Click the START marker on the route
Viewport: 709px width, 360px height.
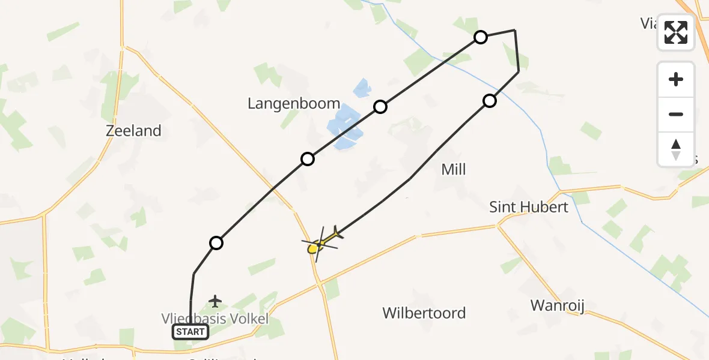click(190, 332)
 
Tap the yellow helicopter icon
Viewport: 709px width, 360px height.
click(321, 243)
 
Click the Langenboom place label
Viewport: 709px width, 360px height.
click(294, 104)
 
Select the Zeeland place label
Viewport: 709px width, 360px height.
click(133, 131)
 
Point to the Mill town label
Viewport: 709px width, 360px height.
click(454, 170)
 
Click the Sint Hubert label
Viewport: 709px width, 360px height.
click(529, 208)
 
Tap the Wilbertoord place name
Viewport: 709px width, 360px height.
click(424, 313)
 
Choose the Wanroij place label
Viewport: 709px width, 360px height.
click(558, 305)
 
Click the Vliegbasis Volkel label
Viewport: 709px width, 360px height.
click(215, 318)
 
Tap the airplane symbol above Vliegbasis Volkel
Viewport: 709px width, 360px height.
click(215, 301)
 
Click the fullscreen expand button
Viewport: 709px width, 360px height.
click(676, 32)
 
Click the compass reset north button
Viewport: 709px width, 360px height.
click(676, 149)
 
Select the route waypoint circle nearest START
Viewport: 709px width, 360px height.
click(216, 243)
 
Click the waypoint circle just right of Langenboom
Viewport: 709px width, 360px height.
click(380, 107)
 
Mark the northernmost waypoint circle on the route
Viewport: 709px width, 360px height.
click(481, 37)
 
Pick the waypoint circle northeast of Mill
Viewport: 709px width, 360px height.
click(490, 101)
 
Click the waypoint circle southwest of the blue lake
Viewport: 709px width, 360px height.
click(308, 159)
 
